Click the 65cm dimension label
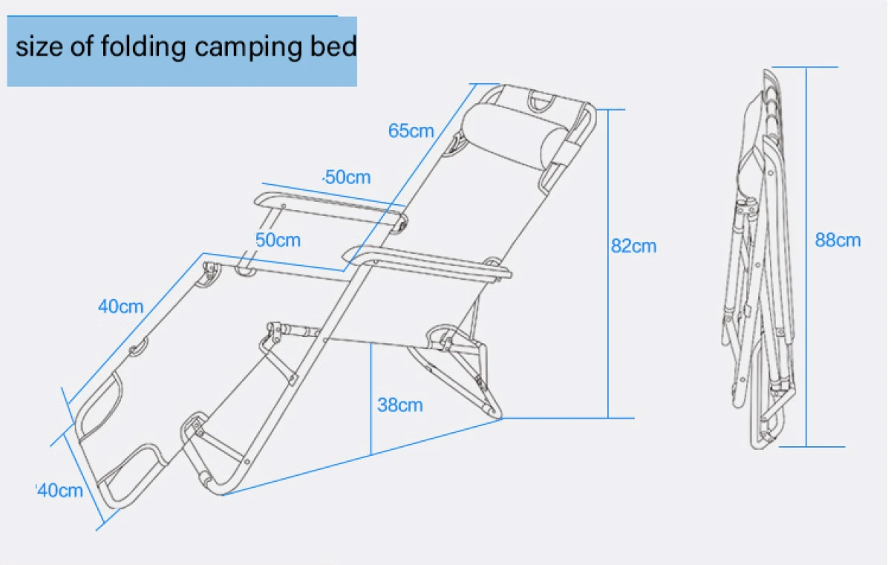tap(411, 131)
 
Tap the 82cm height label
tap(633, 246)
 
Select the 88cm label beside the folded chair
tap(838, 240)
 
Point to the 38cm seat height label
tap(399, 405)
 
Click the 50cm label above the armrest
tap(348, 177)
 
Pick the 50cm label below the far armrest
tap(278, 240)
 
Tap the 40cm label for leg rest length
tap(120, 307)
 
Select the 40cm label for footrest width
tap(60, 491)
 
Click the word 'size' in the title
tap(39, 47)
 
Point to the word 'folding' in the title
tap(143, 48)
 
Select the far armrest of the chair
tap(330, 210)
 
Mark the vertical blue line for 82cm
tap(608, 264)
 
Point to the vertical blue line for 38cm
tap(371, 399)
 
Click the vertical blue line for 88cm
tap(806, 257)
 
